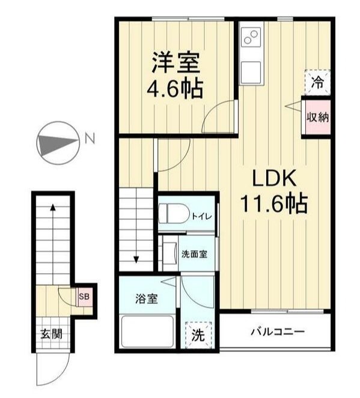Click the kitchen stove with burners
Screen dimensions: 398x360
pos(251,39)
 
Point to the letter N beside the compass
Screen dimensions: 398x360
pos(90,139)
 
